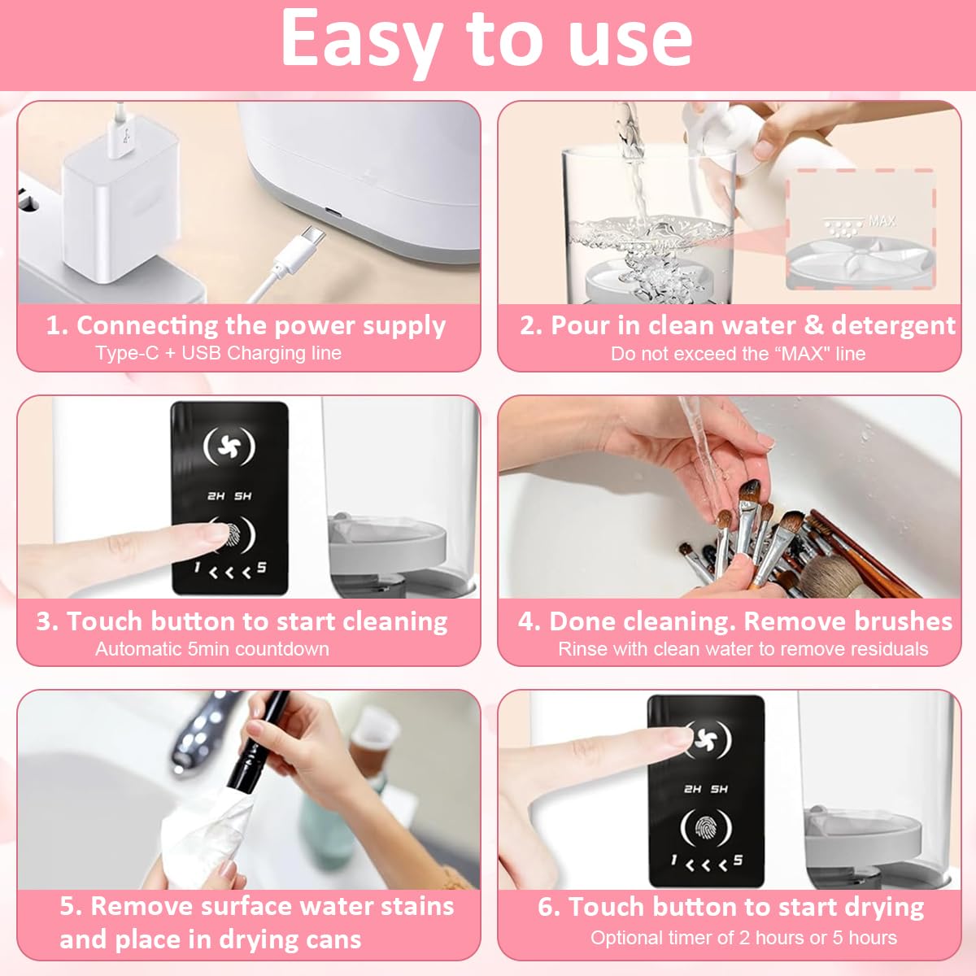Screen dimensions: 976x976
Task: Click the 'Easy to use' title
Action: (x=486, y=39)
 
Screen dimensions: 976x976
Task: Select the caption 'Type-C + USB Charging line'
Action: (x=218, y=353)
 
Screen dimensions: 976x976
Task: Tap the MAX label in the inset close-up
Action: (x=882, y=220)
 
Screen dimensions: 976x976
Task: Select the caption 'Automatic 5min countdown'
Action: (x=212, y=649)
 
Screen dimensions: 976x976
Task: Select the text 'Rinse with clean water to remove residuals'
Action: (x=743, y=649)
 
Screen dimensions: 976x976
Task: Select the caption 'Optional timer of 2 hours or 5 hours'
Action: (x=743, y=938)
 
